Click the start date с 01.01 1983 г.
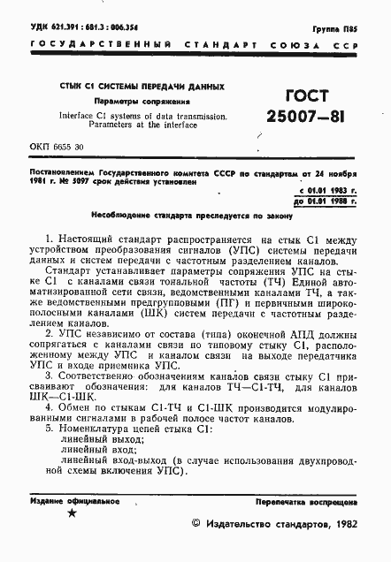pos(328,191)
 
